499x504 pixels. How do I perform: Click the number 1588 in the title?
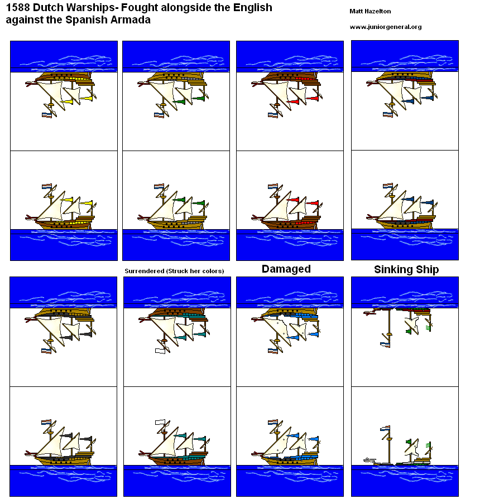point(18,8)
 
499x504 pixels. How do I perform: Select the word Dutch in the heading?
point(49,8)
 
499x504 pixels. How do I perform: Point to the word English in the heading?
point(252,8)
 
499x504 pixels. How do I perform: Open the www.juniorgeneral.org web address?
point(385,27)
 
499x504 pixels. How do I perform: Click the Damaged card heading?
point(286,269)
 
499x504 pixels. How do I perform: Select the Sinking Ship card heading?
point(406,270)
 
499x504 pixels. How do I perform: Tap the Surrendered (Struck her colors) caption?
point(174,271)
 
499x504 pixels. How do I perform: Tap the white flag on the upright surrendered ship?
point(161,423)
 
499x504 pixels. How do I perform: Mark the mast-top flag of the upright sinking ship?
point(385,429)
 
